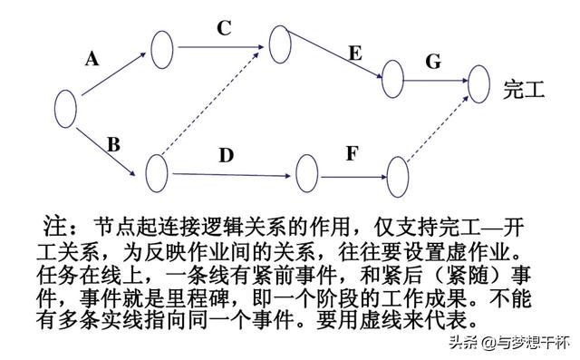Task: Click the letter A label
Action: pyautogui.click(x=92, y=59)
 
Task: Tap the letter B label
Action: pyautogui.click(x=113, y=143)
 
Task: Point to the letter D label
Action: pyautogui.click(x=226, y=155)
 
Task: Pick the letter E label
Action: pyautogui.click(x=354, y=54)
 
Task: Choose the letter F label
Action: pyautogui.click(x=352, y=152)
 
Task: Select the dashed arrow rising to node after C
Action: pyautogui.click(x=217, y=104)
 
